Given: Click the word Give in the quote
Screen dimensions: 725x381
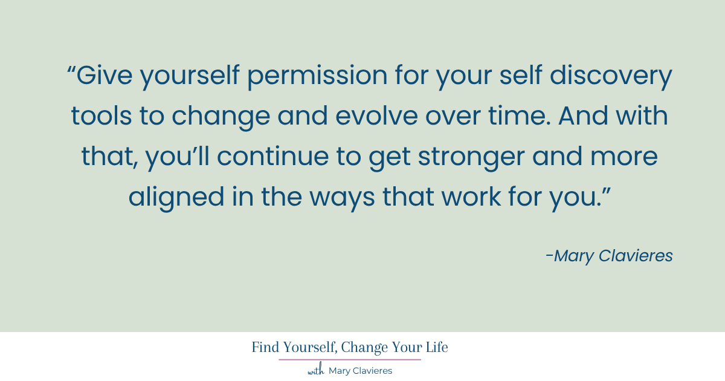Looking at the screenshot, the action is (105, 75).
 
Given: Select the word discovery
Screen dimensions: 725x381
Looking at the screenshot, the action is (611, 77).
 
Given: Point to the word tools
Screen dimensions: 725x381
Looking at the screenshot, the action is (101, 116).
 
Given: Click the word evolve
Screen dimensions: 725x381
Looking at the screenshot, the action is (376, 116).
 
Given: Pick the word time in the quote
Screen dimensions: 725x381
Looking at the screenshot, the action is (517, 116).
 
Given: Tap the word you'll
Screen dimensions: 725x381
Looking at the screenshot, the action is (178, 157).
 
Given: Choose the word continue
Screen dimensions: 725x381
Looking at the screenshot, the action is (273, 156).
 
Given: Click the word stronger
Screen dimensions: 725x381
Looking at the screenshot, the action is (472, 157).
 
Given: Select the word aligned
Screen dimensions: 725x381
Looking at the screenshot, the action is (176, 198).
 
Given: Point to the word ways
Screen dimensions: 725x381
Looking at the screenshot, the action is (342, 199).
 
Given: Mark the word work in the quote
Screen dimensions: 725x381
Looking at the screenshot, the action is (471, 197).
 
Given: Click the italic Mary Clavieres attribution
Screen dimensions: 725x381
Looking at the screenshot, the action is (609, 256).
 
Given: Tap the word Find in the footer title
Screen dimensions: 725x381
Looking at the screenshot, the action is (265, 347).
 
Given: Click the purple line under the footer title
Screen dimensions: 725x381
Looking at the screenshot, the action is (350, 360).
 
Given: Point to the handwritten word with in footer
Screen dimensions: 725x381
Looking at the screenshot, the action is (316, 370).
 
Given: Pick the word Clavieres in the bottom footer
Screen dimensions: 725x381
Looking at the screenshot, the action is (372, 371).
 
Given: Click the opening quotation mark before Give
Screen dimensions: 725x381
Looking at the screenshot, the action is (71, 69).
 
